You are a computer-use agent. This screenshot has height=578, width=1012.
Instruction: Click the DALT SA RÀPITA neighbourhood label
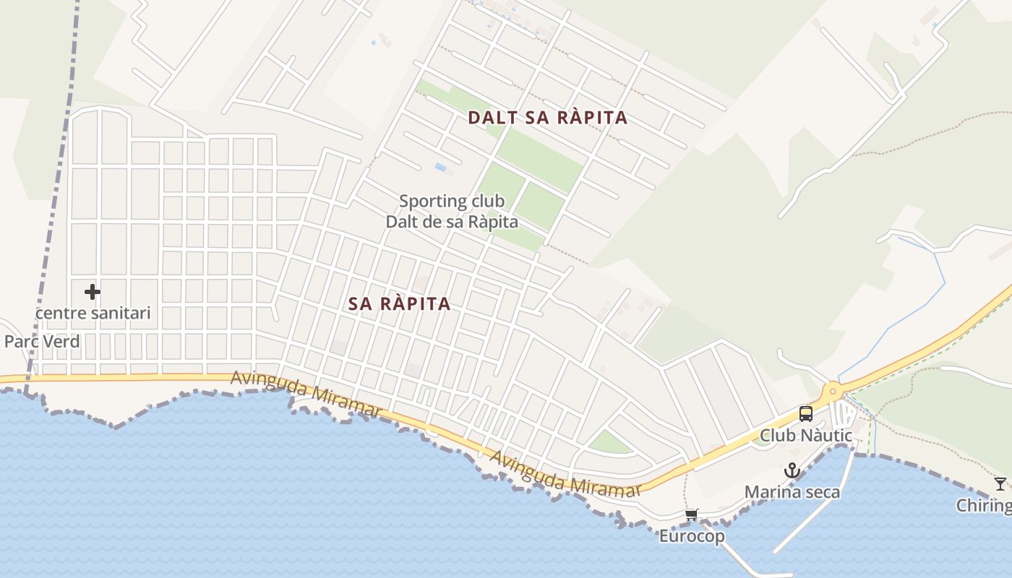click(x=547, y=118)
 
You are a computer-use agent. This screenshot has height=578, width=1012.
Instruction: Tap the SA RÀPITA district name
click(x=399, y=304)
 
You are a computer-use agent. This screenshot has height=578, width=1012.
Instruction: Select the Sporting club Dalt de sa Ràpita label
click(x=452, y=211)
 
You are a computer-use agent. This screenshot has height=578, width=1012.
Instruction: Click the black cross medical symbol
click(x=92, y=292)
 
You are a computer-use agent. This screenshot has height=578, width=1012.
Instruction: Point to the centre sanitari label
click(x=93, y=313)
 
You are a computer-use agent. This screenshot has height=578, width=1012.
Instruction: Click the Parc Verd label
click(x=42, y=341)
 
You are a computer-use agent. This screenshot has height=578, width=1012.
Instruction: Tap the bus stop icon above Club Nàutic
click(x=806, y=414)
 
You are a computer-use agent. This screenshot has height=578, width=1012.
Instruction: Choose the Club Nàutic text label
click(x=806, y=436)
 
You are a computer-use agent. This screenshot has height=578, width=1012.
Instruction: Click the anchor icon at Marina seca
click(x=792, y=471)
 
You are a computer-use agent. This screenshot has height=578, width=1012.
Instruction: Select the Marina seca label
click(x=792, y=492)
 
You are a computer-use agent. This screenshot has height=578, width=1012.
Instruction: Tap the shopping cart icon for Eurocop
click(x=692, y=515)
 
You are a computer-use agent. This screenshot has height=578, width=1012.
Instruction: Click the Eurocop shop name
click(x=692, y=536)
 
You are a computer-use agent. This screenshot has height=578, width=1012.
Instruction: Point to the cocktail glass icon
click(x=1000, y=483)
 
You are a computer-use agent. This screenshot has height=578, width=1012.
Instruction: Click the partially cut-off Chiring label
click(x=984, y=505)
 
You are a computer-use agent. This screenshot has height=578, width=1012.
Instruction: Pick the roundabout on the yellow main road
click(x=833, y=392)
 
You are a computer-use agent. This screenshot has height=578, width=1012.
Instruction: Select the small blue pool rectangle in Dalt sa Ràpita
click(x=440, y=167)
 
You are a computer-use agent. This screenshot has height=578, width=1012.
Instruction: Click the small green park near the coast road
click(x=609, y=443)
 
